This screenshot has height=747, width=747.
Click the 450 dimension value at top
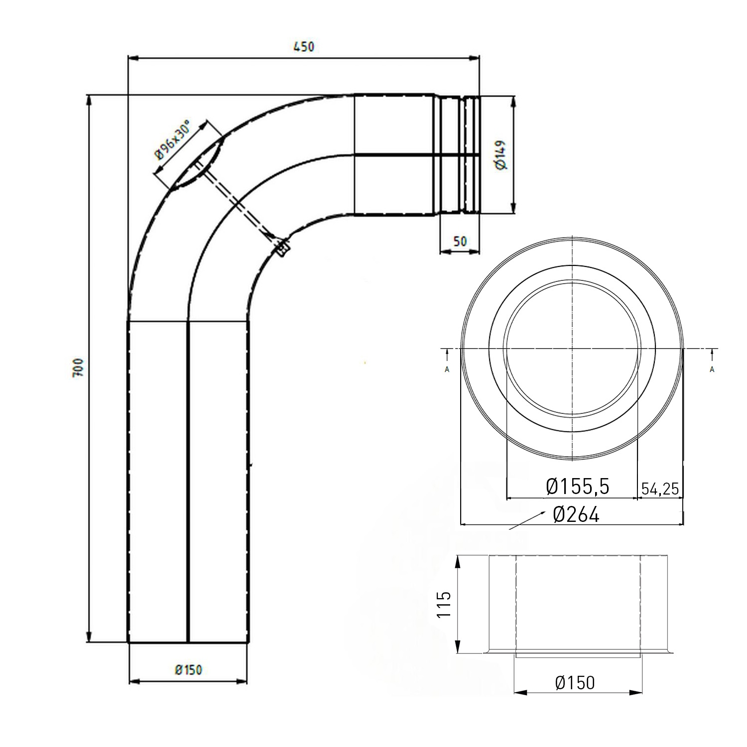304,47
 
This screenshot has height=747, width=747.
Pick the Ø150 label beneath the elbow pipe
189,670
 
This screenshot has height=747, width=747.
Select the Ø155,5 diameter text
578,487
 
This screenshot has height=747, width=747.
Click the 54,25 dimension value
660,489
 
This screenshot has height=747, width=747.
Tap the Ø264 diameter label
576,514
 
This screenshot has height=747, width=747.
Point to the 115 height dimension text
444,604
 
